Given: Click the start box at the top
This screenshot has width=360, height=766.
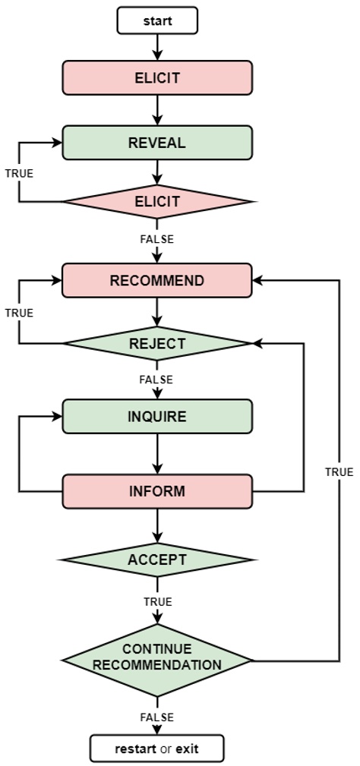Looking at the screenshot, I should pyautogui.click(x=157, y=20).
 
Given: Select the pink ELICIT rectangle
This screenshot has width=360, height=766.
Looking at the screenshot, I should pyautogui.click(x=157, y=77).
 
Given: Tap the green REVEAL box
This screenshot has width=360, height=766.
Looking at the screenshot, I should pyautogui.click(x=157, y=143).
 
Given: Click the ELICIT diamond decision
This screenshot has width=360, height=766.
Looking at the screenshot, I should pyautogui.click(x=157, y=202).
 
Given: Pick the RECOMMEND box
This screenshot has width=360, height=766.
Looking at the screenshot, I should pyautogui.click(x=157, y=280).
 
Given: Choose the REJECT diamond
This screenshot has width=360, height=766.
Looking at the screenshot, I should pyautogui.click(x=157, y=343).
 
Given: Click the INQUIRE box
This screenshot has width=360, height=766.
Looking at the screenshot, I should pyautogui.click(x=157, y=417).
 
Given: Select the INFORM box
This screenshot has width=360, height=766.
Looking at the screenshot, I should pyautogui.click(x=157, y=490).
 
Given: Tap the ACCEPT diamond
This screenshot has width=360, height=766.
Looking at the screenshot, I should pyautogui.click(x=157, y=560).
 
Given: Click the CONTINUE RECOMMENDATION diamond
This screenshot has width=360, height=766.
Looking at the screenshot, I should pyautogui.click(x=157, y=657).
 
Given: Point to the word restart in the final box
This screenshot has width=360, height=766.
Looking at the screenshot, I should pyautogui.click(x=136, y=749).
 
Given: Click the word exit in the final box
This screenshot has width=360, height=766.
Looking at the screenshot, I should pyautogui.click(x=188, y=749).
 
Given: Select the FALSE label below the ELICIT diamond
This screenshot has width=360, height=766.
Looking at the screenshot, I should pyautogui.click(x=157, y=239).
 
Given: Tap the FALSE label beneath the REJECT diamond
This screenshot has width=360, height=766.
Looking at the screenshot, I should pyautogui.click(x=157, y=380).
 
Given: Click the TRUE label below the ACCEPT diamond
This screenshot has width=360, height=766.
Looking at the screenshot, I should pyautogui.click(x=157, y=601).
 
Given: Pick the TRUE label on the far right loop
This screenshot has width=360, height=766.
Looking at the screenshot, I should pyautogui.click(x=339, y=471).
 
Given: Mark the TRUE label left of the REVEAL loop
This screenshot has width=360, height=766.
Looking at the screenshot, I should pyautogui.click(x=19, y=173).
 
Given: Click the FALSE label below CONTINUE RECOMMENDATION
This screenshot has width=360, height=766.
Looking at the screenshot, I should pyautogui.click(x=157, y=717).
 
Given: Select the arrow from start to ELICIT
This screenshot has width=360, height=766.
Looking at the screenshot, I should pyautogui.click(x=157, y=47).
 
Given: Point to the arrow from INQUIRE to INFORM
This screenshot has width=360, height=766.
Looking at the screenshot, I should pyautogui.click(x=157, y=455).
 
